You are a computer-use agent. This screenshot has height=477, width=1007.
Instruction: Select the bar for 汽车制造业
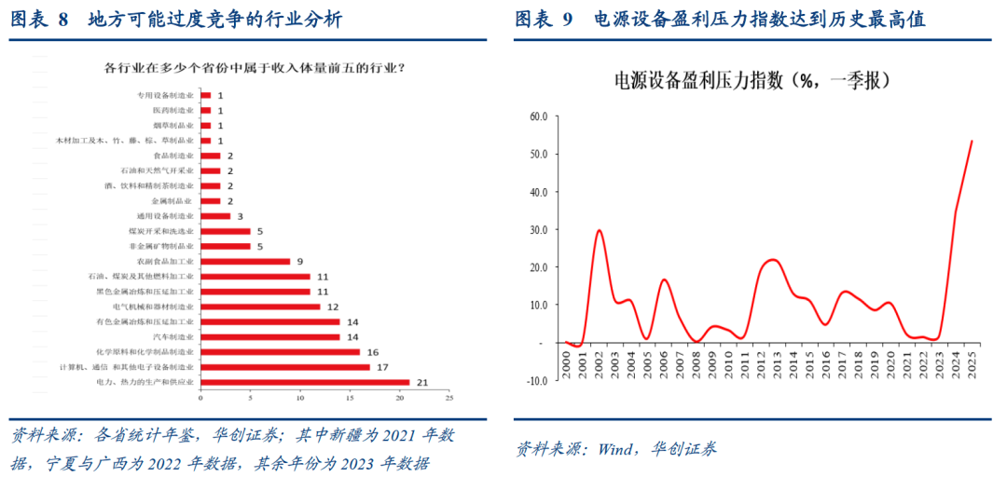click(x=270, y=336)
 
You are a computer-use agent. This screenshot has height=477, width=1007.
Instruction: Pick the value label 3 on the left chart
click(x=240, y=216)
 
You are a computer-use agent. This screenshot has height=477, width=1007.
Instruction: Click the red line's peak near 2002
click(x=599, y=230)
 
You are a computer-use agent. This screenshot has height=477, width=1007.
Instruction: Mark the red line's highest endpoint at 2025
click(x=973, y=141)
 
